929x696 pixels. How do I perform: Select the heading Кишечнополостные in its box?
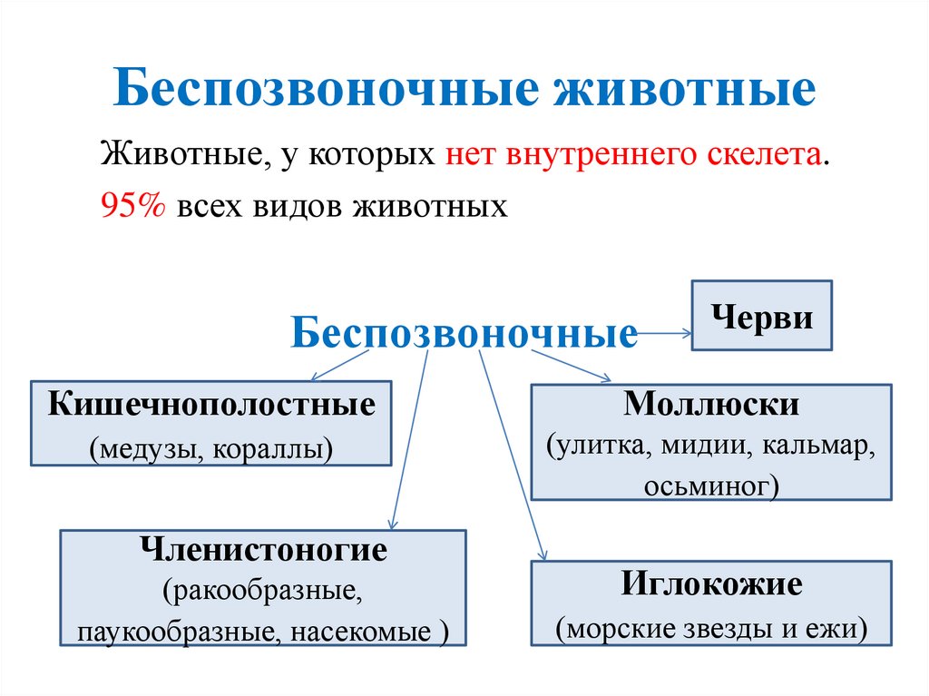[x=211, y=405]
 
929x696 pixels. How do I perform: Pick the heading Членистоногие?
[x=263, y=551]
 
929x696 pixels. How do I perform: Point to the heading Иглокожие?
[x=711, y=583]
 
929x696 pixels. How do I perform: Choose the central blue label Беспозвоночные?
[x=464, y=334]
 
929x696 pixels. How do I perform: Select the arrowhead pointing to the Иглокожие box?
[x=543, y=554]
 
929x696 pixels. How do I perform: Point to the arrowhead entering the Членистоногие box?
[x=392, y=524]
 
